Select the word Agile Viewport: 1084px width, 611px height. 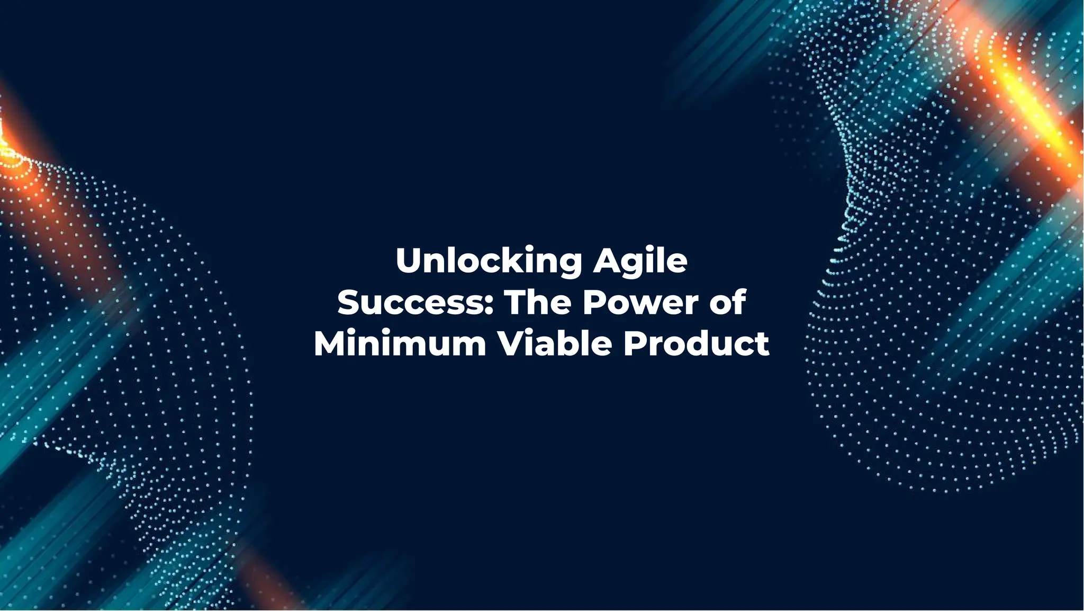point(640,261)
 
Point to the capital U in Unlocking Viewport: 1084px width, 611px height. point(408,261)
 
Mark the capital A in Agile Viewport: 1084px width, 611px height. point(606,261)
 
